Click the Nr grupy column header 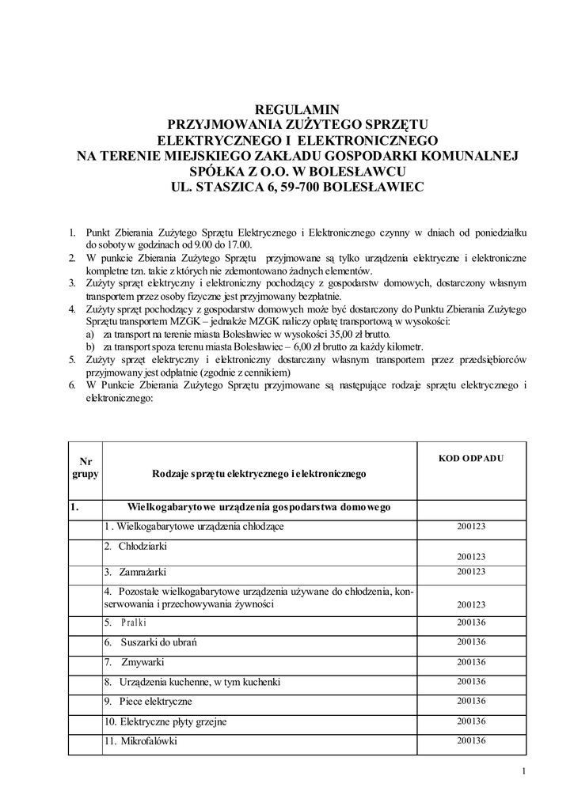[85, 467]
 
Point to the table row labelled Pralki [134, 622]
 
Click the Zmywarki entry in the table [142, 661]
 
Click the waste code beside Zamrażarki [470, 571]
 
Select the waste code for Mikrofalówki [470, 740]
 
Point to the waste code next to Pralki [470, 621]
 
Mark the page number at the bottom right [524, 772]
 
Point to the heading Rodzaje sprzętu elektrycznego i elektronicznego [259, 474]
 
